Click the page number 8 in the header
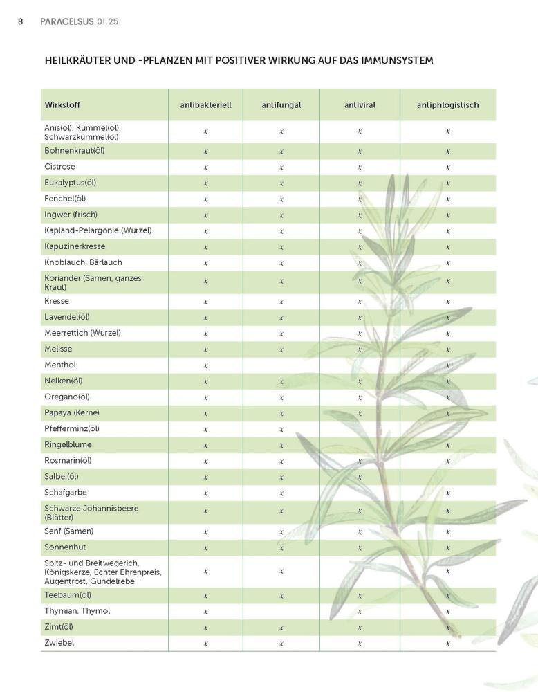(x=21, y=21)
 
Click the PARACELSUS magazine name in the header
(x=71, y=21)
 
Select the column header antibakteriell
(x=205, y=105)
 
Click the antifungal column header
(x=281, y=105)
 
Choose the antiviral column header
(x=360, y=105)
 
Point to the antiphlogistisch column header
(x=447, y=105)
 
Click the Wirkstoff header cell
(x=62, y=105)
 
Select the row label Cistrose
(x=59, y=167)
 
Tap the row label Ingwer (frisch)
(x=71, y=215)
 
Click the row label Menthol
(x=60, y=365)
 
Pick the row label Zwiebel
(x=59, y=643)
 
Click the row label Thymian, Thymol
(x=77, y=611)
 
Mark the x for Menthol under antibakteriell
(x=206, y=365)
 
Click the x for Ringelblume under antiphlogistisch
(x=448, y=445)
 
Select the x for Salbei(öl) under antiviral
(x=360, y=477)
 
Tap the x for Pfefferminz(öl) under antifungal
(x=281, y=429)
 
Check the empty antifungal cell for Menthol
(x=281, y=365)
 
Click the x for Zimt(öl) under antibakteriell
(x=206, y=628)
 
